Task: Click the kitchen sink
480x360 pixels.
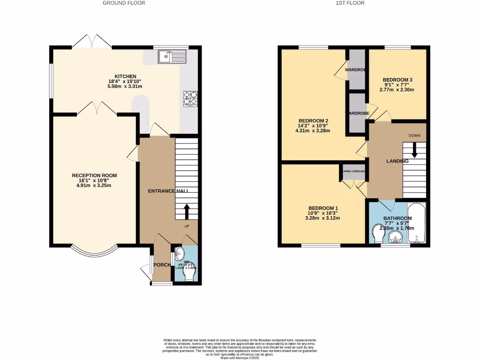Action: click(172, 57)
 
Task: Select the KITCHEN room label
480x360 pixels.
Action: click(125, 76)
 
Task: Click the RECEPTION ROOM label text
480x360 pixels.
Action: click(94, 175)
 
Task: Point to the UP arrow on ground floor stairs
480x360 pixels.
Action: click(186, 211)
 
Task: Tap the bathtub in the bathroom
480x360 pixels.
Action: click(416, 223)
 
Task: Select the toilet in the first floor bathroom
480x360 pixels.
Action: click(378, 233)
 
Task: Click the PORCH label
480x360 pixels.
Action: click(162, 265)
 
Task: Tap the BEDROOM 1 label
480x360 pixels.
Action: click(323, 208)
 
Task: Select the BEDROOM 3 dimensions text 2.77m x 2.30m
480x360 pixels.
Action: click(397, 90)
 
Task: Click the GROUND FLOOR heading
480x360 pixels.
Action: click(124, 3)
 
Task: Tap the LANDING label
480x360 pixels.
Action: click(397, 161)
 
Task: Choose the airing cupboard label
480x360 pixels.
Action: click(354, 171)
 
